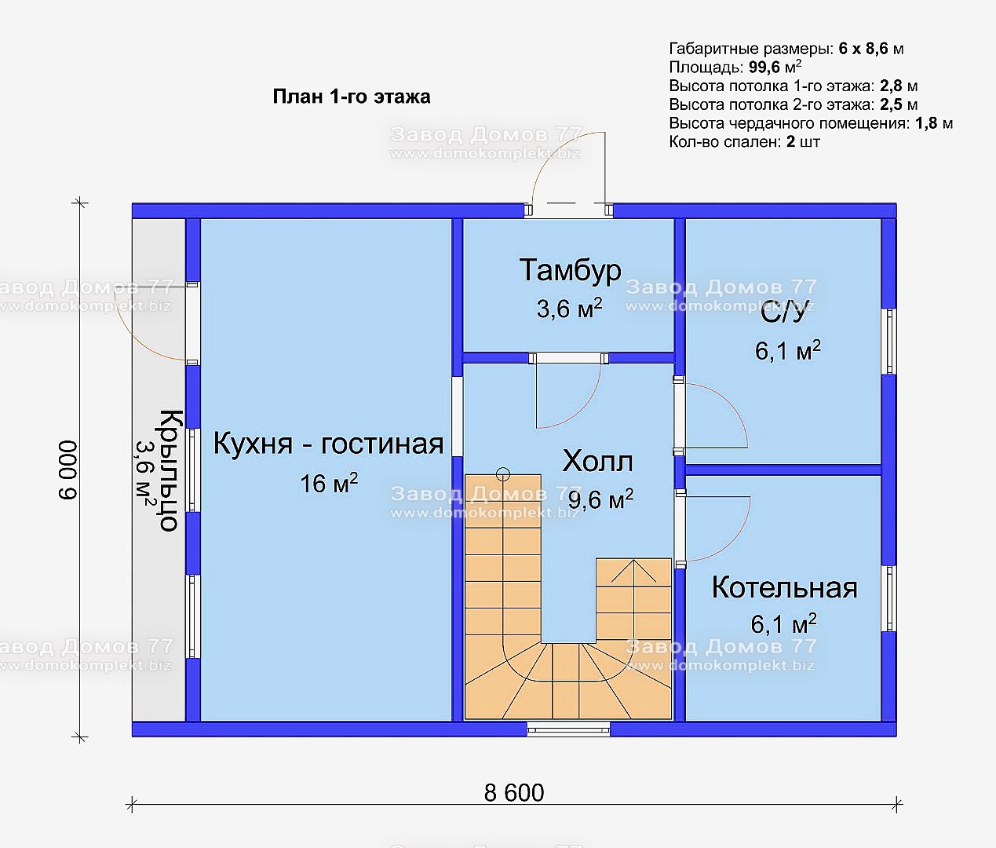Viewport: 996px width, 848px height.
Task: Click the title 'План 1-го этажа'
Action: tap(352, 97)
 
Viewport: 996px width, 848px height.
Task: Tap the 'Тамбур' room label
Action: tap(570, 270)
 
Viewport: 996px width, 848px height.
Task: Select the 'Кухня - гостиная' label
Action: tap(328, 443)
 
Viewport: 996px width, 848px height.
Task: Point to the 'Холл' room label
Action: tap(597, 462)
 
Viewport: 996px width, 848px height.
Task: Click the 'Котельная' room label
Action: tap(784, 587)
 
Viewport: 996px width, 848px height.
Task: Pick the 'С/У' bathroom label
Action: tap(783, 314)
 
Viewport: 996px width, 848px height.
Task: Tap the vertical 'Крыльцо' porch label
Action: tap(169, 470)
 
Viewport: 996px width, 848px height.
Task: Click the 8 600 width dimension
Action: tap(513, 792)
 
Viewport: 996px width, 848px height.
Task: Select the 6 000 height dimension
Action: tap(68, 470)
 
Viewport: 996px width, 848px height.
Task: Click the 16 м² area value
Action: tap(329, 483)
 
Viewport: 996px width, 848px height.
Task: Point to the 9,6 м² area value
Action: tap(600, 499)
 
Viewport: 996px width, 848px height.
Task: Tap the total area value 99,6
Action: tap(764, 68)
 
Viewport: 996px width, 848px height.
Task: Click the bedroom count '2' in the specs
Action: tap(790, 142)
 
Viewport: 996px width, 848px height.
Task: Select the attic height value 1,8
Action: tap(925, 123)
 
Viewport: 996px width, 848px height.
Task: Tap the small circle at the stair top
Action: tap(503, 474)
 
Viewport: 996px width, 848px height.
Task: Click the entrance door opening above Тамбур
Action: tap(568, 210)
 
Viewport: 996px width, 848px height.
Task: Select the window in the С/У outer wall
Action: tap(889, 341)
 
